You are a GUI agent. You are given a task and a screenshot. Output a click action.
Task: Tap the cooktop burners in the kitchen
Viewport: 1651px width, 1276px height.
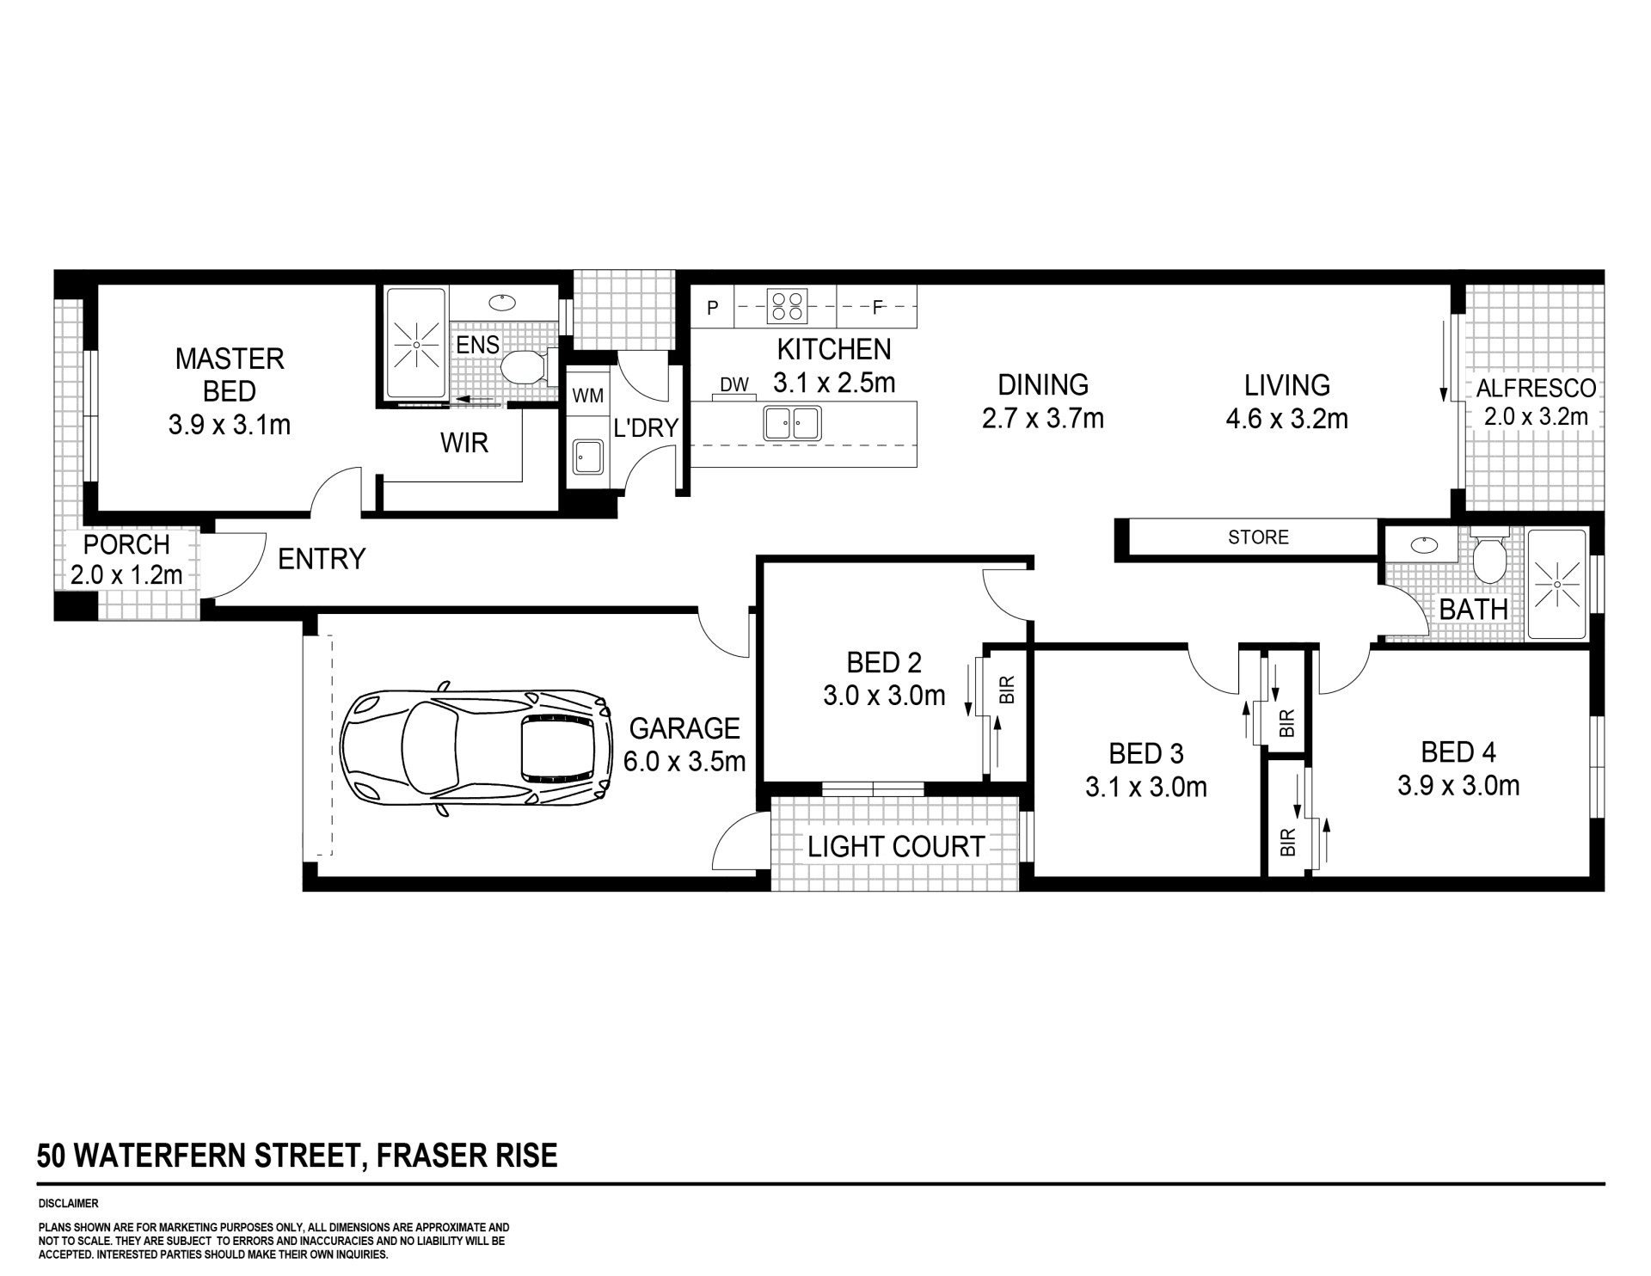point(788,306)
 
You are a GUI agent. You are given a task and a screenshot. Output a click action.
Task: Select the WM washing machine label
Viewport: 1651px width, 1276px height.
point(588,396)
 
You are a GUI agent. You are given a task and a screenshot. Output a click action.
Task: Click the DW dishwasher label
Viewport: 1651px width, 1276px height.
point(733,385)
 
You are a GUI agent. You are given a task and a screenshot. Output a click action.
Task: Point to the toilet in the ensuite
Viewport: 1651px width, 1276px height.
point(522,368)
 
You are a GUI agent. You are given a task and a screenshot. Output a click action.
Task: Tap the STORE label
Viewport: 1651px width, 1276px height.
point(1258,537)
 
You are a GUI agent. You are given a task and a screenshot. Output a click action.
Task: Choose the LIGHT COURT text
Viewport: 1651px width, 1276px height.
point(895,847)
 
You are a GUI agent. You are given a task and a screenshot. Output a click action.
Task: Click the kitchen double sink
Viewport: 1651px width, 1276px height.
point(793,424)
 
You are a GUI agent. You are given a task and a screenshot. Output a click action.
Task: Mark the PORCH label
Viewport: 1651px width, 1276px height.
point(126,544)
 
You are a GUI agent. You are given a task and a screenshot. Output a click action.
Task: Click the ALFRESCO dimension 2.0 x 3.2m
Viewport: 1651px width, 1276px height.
point(1536,417)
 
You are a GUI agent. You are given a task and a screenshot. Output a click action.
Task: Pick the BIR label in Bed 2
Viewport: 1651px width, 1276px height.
point(1008,690)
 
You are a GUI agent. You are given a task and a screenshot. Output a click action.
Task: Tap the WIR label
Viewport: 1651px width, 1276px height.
point(464,443)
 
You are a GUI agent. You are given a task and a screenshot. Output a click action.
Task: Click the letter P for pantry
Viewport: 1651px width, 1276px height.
point(713,308)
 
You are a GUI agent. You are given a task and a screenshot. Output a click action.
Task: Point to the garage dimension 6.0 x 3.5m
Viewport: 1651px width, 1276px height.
point(684,762)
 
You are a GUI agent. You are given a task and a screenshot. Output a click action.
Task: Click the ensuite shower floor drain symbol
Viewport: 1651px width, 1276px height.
point(416,345)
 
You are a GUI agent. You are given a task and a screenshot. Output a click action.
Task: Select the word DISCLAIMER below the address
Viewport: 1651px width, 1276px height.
point(69,1204)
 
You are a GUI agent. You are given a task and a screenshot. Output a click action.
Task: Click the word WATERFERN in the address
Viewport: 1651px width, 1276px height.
point(162,1156)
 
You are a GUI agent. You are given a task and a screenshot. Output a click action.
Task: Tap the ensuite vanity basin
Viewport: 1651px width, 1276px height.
point(500,302)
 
